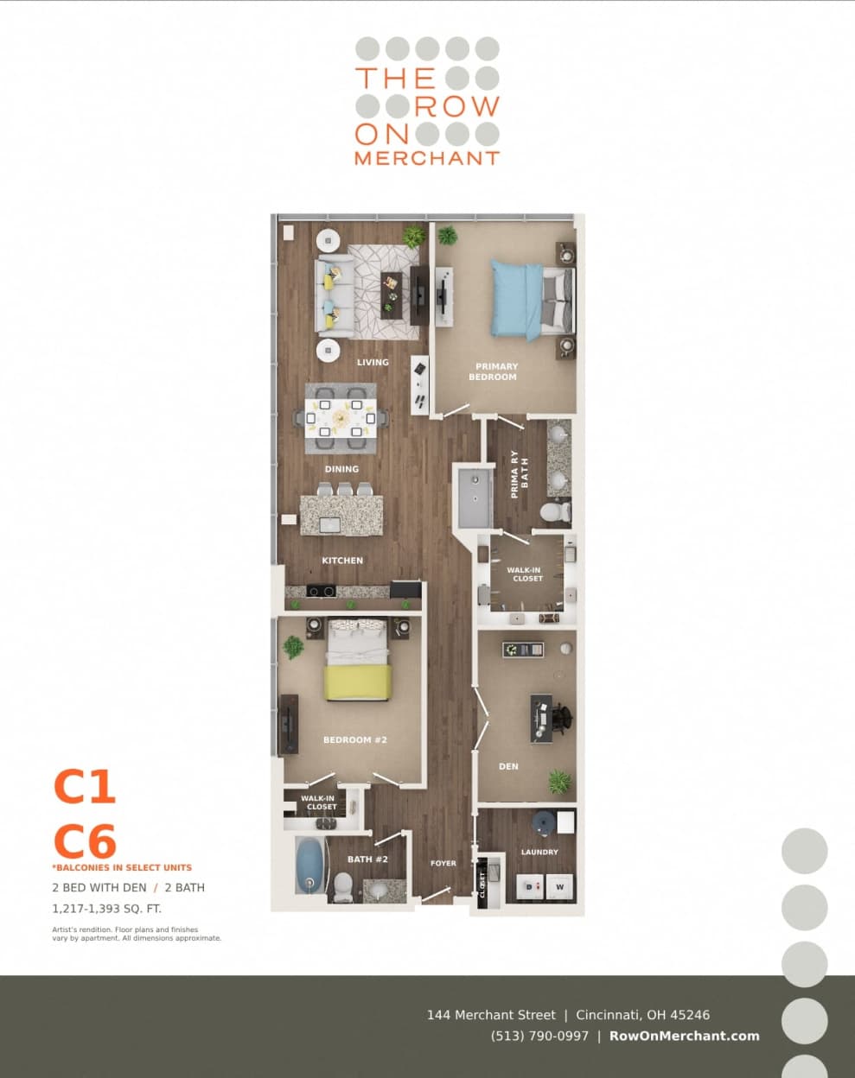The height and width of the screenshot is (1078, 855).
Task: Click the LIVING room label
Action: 373,362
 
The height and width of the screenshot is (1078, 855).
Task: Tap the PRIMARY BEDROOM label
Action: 495,371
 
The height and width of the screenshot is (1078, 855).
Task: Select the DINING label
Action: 341,469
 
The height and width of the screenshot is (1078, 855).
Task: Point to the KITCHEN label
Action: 342,561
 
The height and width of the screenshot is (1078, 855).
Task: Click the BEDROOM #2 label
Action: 354,739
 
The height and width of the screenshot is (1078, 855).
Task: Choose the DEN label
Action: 508,766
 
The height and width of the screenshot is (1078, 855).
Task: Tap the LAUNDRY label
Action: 539,852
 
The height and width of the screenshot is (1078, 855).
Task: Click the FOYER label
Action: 443,863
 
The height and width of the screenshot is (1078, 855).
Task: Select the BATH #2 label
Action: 367,859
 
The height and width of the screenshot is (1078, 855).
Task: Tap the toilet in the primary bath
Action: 553,512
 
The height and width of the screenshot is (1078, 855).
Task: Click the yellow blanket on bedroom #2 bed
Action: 357,682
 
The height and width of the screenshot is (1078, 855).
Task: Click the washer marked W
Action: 559,887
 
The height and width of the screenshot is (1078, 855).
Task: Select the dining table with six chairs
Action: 341,418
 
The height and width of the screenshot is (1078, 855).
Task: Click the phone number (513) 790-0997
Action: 539,1036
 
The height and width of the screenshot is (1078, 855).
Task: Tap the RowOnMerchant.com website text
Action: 684,1036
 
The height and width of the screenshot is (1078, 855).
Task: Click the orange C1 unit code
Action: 85,786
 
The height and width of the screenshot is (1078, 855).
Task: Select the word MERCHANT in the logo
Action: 427,158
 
